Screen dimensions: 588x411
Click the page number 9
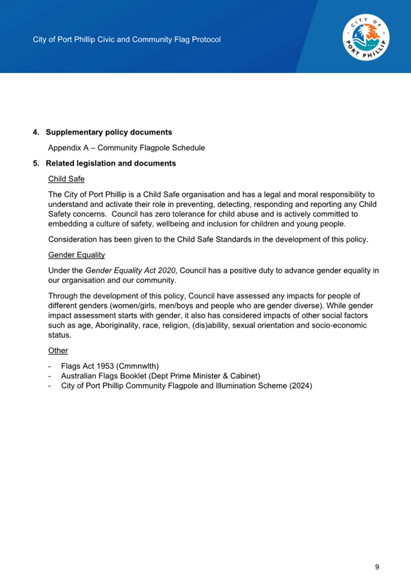tap(377, 567)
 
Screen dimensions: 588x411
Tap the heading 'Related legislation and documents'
tap(110, 163)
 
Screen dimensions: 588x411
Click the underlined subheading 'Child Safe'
tap(66, 179)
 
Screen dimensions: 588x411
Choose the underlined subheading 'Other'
tap(58, 350)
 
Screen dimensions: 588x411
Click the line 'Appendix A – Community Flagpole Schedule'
tap(126, 148)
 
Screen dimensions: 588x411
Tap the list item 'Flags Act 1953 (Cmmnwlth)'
tap(110, 366)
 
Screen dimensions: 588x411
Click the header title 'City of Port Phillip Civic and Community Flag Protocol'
tap(127, 39)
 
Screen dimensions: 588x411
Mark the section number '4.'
tap(37, 132)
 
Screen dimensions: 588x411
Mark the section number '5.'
tap(37, 163)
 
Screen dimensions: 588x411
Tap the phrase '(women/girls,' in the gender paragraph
tap(112, 305)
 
